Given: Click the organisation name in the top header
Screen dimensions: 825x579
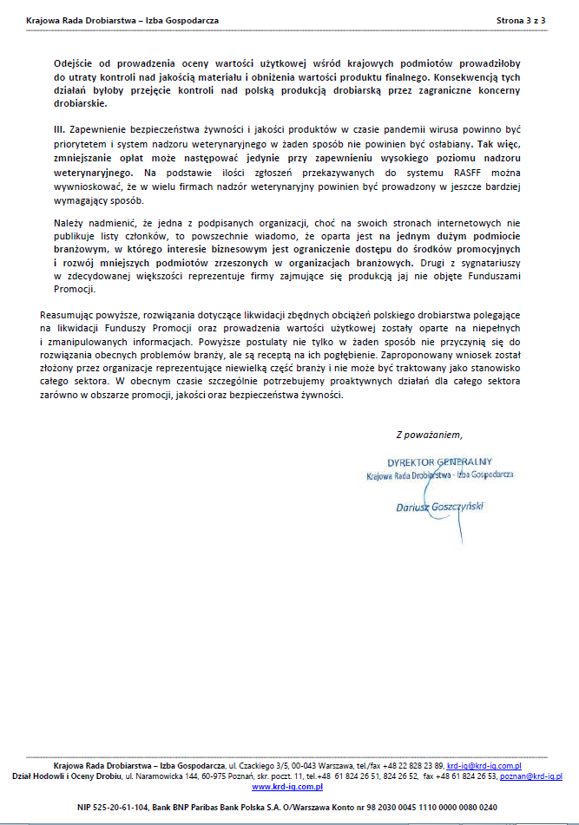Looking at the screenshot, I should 122,18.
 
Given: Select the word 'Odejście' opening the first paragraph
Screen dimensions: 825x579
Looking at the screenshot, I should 73,64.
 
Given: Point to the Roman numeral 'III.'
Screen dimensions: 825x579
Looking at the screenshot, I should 62,128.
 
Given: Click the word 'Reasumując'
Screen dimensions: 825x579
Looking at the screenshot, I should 68,312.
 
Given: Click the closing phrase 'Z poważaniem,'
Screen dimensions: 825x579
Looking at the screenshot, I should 429,435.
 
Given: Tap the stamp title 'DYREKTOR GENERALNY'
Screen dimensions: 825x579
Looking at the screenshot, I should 439,462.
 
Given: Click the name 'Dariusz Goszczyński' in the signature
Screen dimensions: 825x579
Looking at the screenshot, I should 439,505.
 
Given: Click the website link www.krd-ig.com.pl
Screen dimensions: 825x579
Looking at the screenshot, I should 287,787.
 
